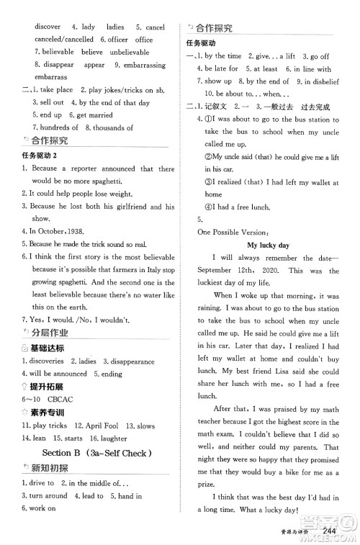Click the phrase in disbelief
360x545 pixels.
pos(312,81)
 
